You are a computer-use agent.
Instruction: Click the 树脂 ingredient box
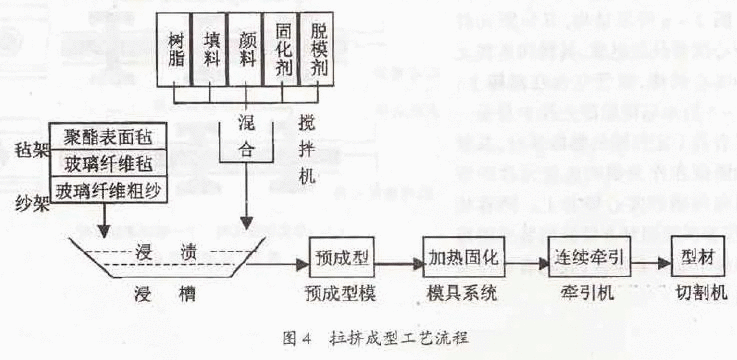[177, 47]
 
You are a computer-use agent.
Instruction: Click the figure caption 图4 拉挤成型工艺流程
[369, 339]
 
